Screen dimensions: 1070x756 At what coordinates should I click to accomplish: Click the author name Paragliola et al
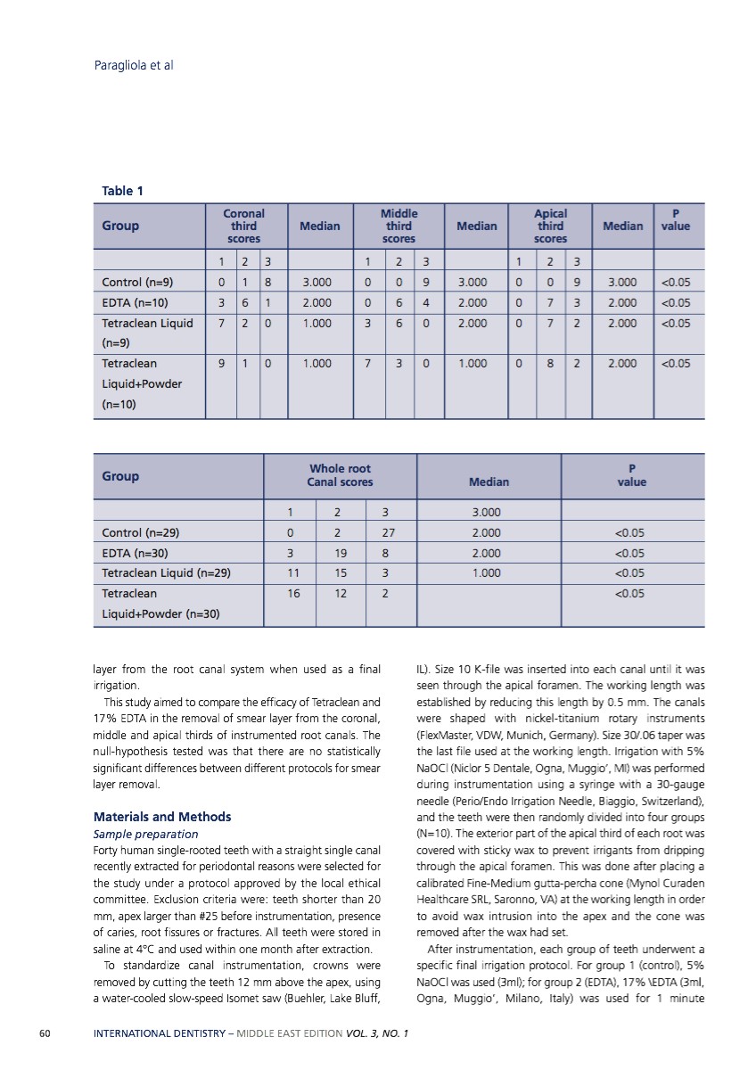[x=133, y=65]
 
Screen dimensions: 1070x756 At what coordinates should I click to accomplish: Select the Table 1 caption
[x=123, y=191]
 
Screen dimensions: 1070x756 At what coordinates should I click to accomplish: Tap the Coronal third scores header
[x=243, y=226]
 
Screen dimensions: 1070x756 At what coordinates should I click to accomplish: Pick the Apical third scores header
[x=550, y=226]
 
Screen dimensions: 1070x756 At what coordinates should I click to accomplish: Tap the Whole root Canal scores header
[x=340, y=475]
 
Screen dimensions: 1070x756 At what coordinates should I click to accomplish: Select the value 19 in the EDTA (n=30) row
[x=341, y=553]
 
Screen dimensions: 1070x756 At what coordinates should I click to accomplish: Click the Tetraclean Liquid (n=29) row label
[x=167, y=573]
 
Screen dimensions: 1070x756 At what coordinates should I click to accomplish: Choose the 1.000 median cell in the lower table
[x=486, y=573]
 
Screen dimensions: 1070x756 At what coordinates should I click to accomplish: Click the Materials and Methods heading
[x=162, y=817]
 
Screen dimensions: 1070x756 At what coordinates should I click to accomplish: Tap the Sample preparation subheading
[x=146, y=835]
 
